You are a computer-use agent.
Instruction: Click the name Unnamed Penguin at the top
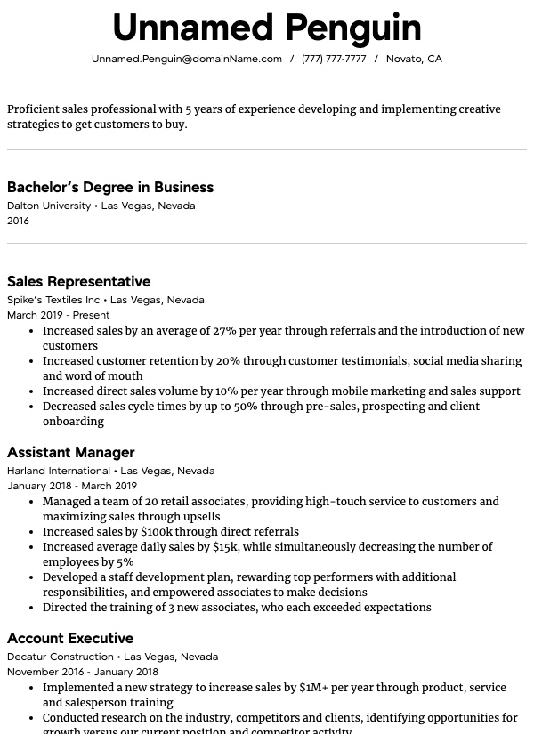point(267,28)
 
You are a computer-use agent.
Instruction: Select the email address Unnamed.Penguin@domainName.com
point(187,59)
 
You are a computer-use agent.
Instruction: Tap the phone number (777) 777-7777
point(334,59)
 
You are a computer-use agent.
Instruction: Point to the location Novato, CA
point(414,59)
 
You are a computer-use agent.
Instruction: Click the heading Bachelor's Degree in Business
point(110,187)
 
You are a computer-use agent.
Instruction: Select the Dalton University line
point(49,206)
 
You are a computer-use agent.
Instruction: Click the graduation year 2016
point(18,221)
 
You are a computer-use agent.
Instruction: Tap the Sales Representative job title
point(78,281)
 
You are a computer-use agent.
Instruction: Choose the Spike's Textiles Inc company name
point(53,300)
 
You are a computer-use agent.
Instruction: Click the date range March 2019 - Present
point(58,315)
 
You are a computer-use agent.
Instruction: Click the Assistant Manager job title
point(70,452)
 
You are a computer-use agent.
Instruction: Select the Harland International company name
point(59,471)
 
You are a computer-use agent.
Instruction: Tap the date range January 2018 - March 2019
point(72,486)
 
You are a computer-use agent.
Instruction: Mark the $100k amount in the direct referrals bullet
point(156,532)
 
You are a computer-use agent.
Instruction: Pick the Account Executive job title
point(70,638)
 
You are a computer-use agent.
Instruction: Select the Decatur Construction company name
point(61,657)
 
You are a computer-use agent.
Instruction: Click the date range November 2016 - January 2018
point(83,672)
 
